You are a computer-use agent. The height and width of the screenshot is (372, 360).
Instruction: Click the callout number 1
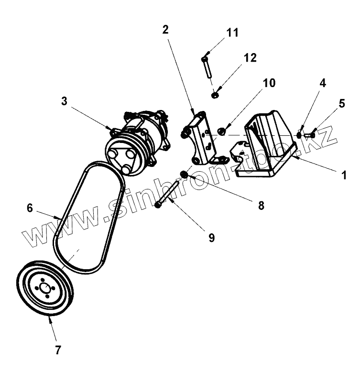click(x=343, y=175)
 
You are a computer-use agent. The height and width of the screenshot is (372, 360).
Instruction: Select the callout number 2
click(x=165, y=30)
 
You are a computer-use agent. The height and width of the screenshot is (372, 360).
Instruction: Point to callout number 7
click(x=58, y=350)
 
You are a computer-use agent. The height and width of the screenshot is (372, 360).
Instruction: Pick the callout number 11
click(x=232, y=33)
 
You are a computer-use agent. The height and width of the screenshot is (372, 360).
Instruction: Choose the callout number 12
click(x=250, y=58)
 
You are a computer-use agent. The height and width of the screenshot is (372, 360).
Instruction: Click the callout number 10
click(x=269, y=83)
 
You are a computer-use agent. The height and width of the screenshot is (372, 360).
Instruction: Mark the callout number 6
click(x=30, y=208)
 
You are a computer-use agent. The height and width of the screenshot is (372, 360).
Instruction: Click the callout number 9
click(x=211, y=237)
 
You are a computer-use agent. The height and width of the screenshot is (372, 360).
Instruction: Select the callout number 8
click(x=261, y=206)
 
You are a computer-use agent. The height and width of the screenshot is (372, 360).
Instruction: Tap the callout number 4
click(x=323, y=83)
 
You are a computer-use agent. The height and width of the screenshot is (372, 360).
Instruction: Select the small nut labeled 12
click(x=216, y=95)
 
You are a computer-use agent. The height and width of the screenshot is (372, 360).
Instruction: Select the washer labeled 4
click(x=299, y=135)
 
